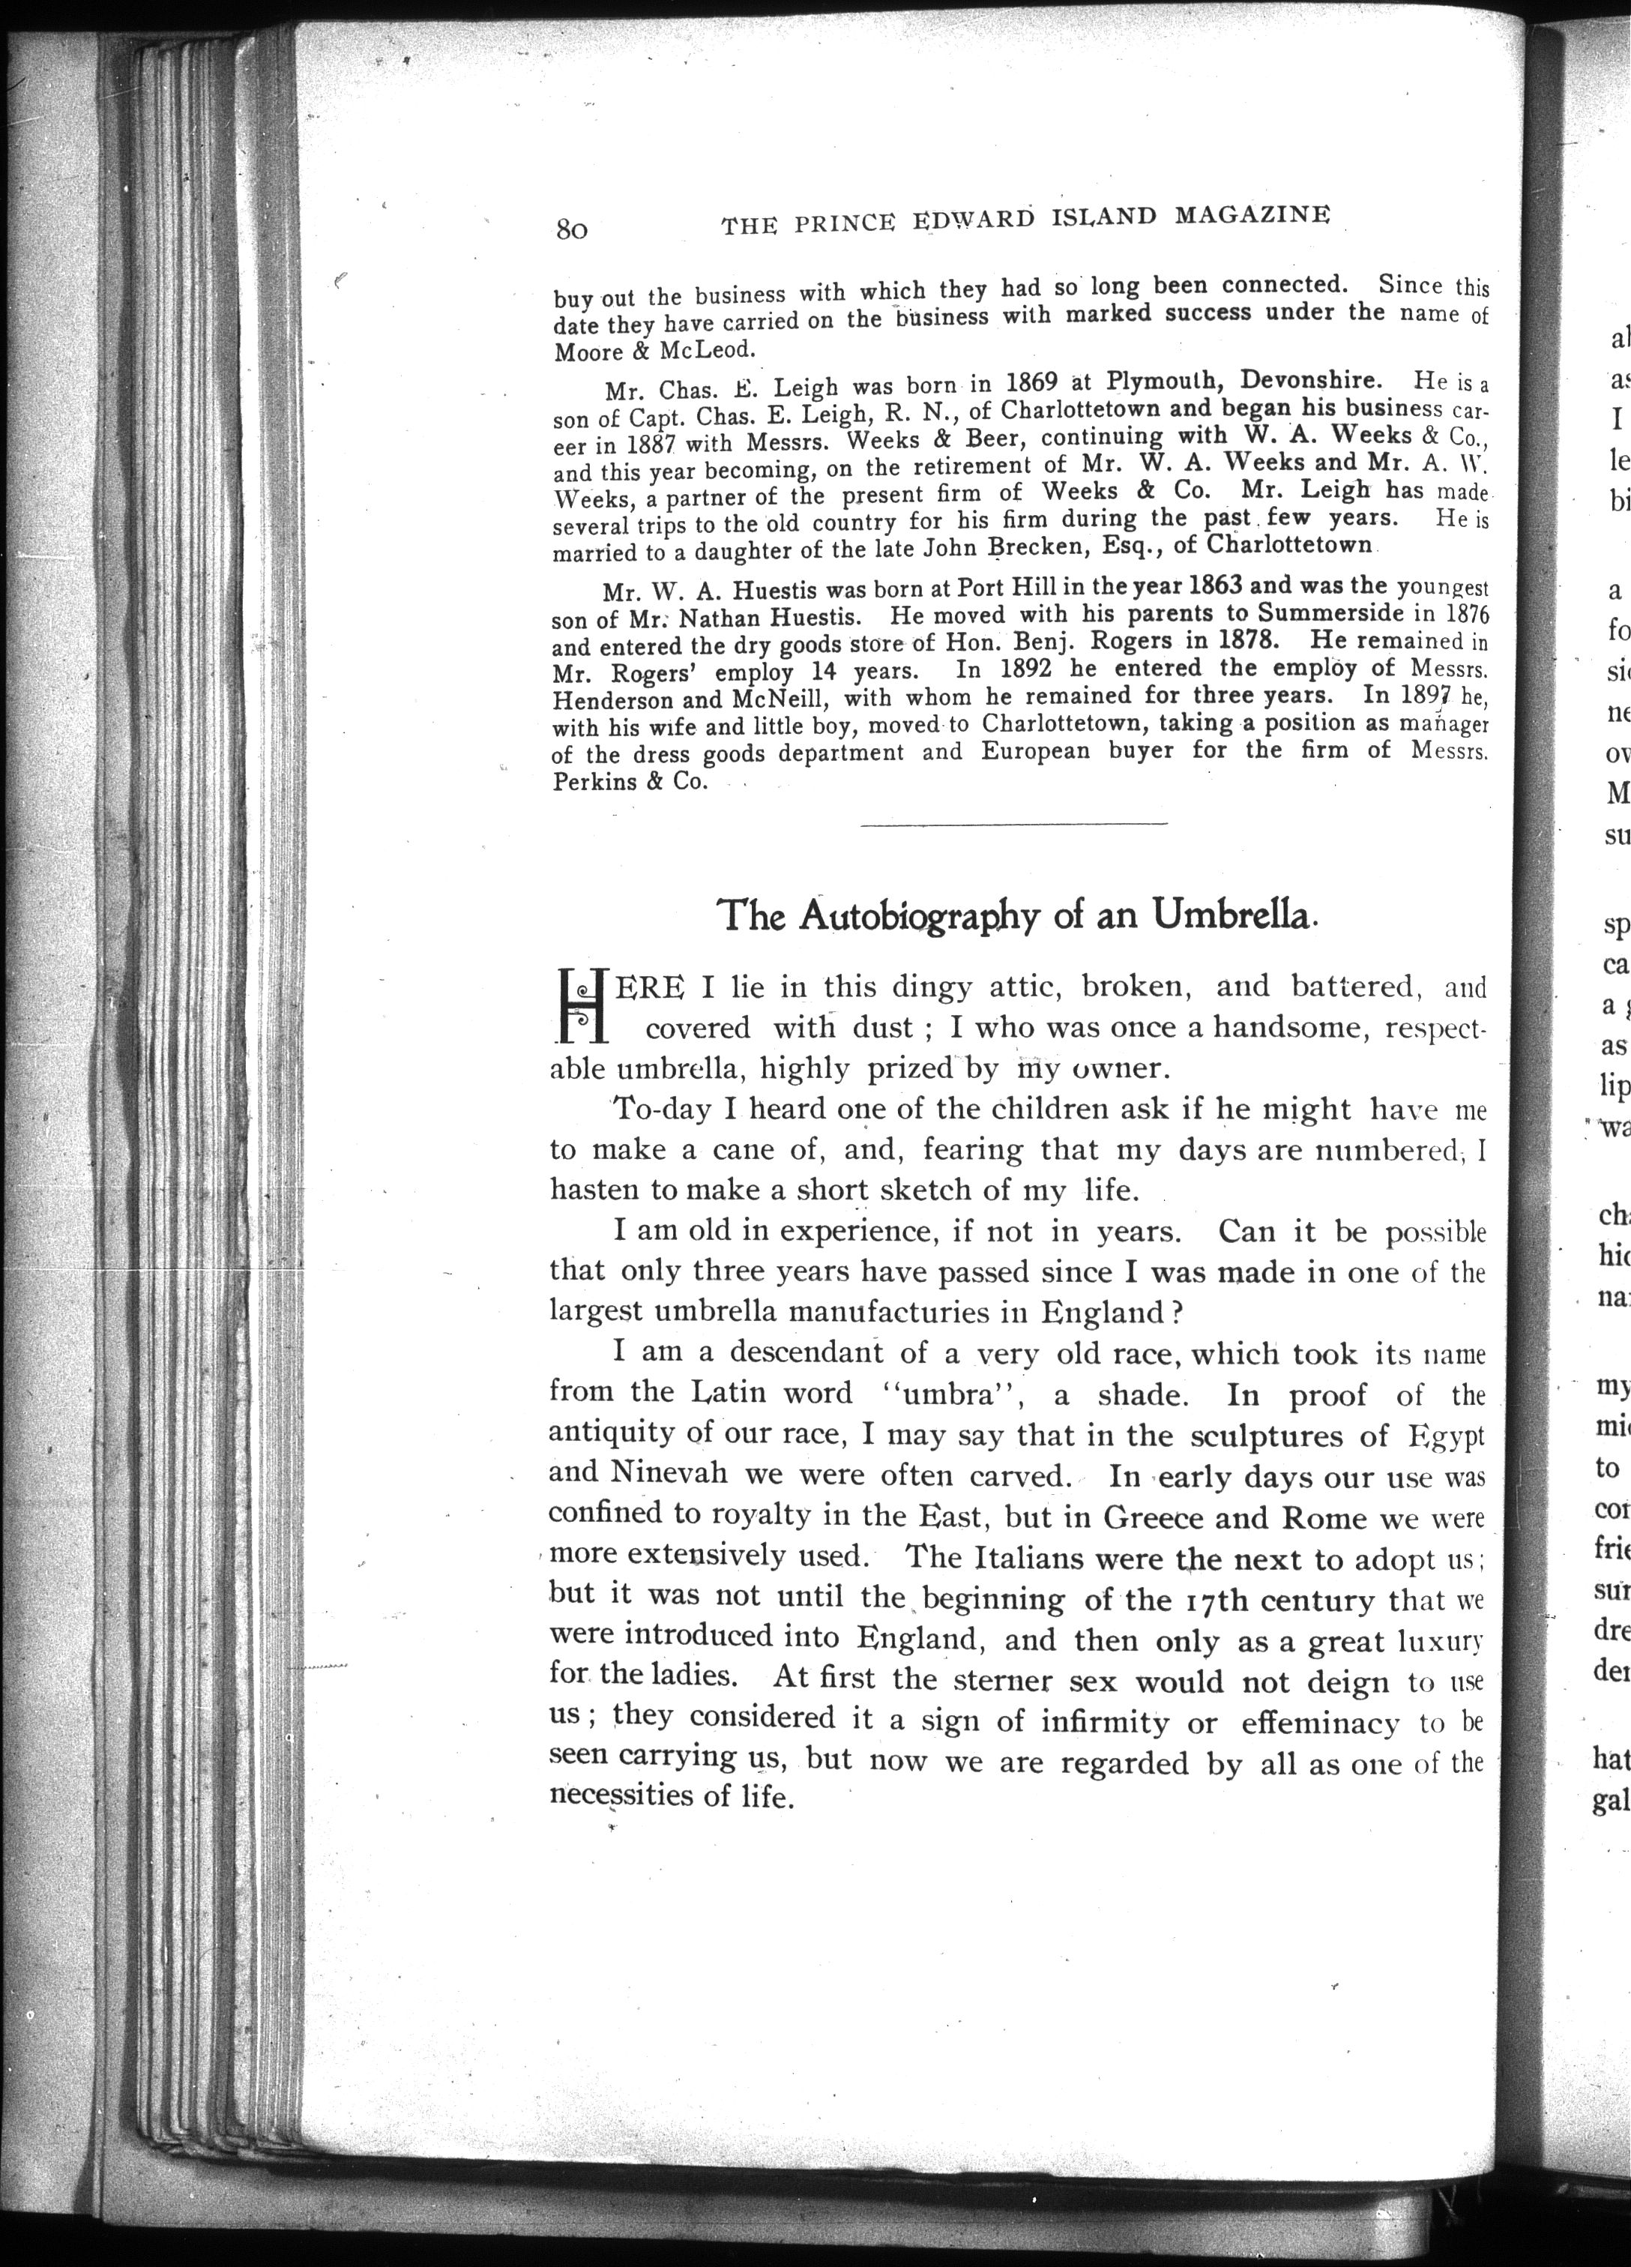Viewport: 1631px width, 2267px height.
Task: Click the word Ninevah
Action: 657,1472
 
